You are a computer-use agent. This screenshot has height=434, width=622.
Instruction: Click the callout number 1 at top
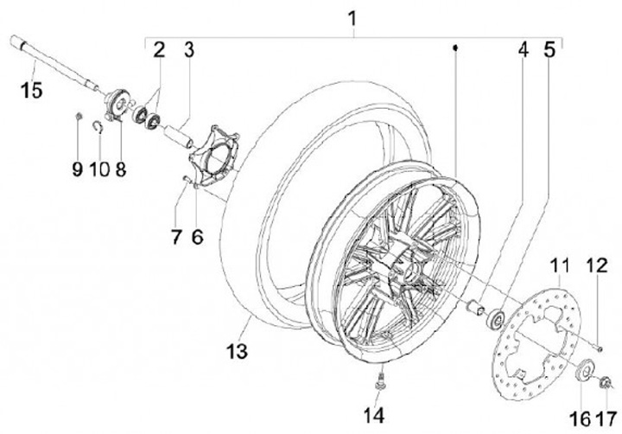(352, 16)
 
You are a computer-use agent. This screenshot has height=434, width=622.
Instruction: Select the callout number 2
(158, 48)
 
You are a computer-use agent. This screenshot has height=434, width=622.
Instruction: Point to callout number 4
(523, 49)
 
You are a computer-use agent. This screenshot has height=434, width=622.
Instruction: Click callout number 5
(549, 49)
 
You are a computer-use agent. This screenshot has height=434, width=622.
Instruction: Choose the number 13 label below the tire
(235, 351)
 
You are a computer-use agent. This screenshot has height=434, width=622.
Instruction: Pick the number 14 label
(373, 415)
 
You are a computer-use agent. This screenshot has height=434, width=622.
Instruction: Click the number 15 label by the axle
(32, 89)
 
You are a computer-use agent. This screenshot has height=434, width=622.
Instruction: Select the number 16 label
(581, 418)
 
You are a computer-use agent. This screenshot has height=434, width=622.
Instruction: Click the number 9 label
(77, 168)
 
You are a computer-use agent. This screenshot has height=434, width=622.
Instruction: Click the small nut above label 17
(604, 383)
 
